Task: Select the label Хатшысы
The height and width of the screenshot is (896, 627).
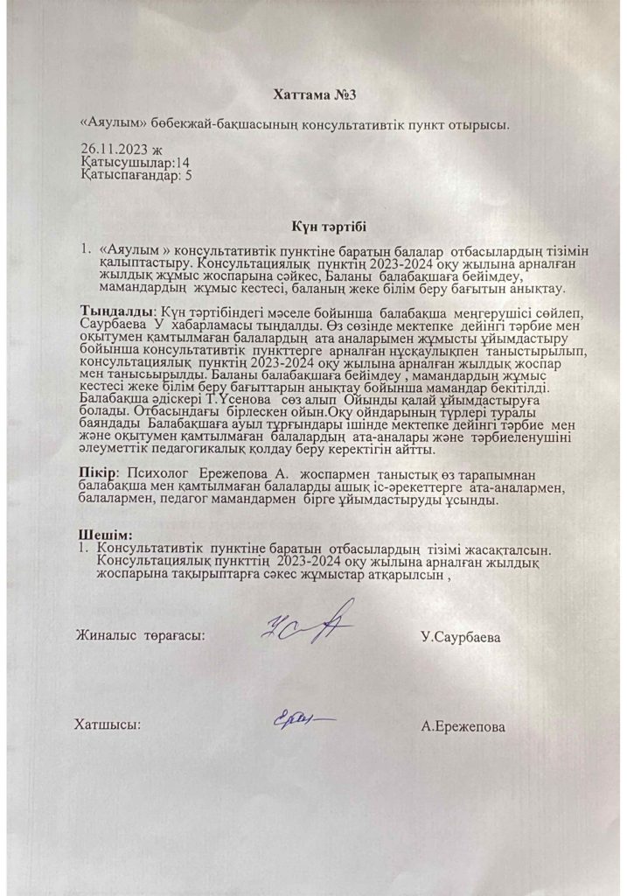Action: click(108, 725)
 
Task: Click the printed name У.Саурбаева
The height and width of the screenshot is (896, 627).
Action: click(461, 636)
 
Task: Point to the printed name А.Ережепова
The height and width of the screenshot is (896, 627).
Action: click(463, 726)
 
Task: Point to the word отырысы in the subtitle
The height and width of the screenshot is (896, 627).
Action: click(480, 125)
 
